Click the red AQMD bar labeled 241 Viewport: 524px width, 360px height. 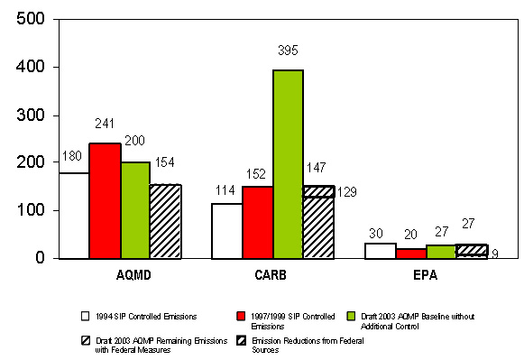[105, 201]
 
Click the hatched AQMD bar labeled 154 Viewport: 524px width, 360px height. [166, 222]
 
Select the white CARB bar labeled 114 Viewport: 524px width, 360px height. [226, 231]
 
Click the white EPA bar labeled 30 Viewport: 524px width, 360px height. [380, 251]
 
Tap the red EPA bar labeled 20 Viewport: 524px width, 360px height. [410, 254]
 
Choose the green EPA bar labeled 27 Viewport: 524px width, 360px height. [441, 252]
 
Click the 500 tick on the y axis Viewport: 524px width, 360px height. [33, 19]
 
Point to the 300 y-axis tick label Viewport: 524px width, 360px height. [33, 115]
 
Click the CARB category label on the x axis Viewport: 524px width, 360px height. [272, 272]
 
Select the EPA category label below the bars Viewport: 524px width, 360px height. [425, 272]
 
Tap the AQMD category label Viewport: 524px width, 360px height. [119, 272]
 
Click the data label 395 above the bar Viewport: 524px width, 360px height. [288, 51]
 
